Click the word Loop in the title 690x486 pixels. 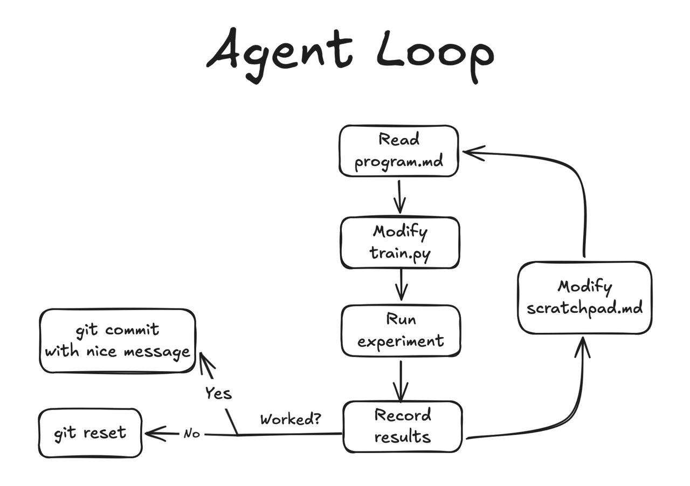pos(434,54)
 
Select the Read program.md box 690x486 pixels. pos(399,151)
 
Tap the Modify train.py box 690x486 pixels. pos(399,243)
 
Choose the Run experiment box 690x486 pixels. pos(401,331)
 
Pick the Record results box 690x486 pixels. pos(403,426)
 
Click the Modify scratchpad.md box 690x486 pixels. pos(584,297)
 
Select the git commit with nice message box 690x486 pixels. pos(118,340)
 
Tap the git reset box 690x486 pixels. pos(90,433)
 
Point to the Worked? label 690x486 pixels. pos(291,419)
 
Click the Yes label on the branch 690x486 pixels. pos(218,393)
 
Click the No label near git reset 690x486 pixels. pos(191,433)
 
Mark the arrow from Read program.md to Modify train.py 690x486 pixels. pos(399,197)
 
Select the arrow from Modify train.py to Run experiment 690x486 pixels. pos(401,284)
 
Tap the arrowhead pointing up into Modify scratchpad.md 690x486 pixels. pos(582,345)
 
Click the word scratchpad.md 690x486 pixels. pos(584,309)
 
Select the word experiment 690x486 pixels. pos(401,341)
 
